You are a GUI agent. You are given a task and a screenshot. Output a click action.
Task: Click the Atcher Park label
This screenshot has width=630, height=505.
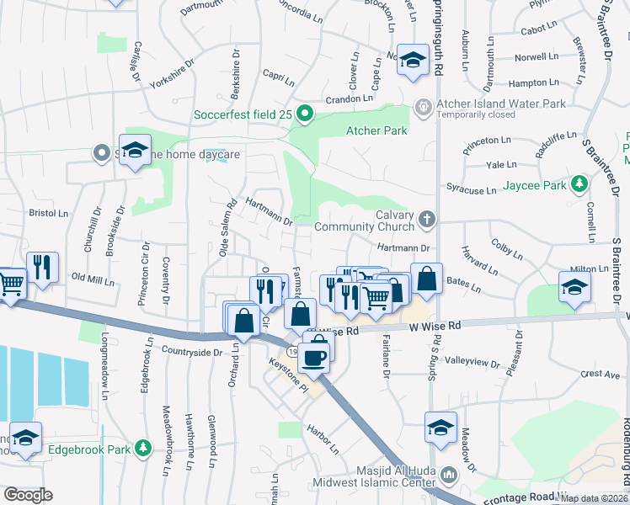[376, 130]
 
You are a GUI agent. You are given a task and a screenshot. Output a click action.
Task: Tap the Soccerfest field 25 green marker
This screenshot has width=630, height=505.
[306, 114]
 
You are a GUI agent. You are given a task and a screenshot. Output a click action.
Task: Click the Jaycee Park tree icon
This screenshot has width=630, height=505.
[579, 183]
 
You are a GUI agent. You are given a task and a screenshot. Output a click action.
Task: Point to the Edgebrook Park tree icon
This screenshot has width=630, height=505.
[144, 449]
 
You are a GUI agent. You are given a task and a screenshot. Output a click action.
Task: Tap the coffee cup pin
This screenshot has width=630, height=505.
[316, 356]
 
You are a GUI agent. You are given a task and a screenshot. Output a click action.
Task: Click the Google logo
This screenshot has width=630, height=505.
[28, 495]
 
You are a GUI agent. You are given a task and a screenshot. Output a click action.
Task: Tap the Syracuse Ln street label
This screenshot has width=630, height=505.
[471, 190]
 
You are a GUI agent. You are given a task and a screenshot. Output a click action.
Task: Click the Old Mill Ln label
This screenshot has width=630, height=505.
[92, 277]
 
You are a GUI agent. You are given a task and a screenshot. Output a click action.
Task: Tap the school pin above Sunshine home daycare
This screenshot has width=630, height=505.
[135, 151]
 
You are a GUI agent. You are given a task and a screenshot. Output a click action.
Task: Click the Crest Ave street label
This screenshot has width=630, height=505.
[600, 373]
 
